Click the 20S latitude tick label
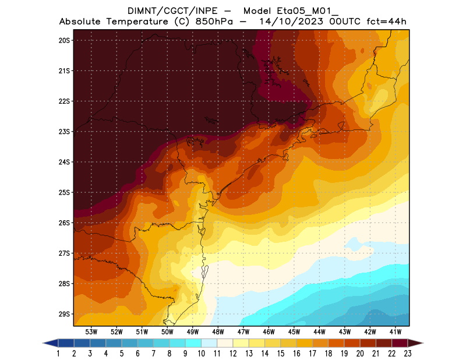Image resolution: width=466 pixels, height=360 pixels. point(64,40)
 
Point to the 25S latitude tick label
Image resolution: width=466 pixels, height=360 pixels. point(64,192)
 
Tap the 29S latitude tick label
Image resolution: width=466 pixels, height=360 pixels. point(64,314)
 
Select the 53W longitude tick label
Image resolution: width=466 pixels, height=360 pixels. point(91,331)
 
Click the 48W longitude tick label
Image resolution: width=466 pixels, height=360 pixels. point(218,331)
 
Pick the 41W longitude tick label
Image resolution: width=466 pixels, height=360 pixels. point(396,331)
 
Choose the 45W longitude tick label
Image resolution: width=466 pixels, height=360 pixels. point(294,331)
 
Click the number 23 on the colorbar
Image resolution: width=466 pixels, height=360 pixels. point(407,354)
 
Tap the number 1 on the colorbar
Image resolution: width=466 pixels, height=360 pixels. point(59,354)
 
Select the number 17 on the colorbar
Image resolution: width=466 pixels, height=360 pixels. point(312,354)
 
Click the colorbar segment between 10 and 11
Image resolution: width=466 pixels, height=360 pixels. point(209,343)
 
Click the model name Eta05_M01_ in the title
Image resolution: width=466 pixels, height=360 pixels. point(298,10)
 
